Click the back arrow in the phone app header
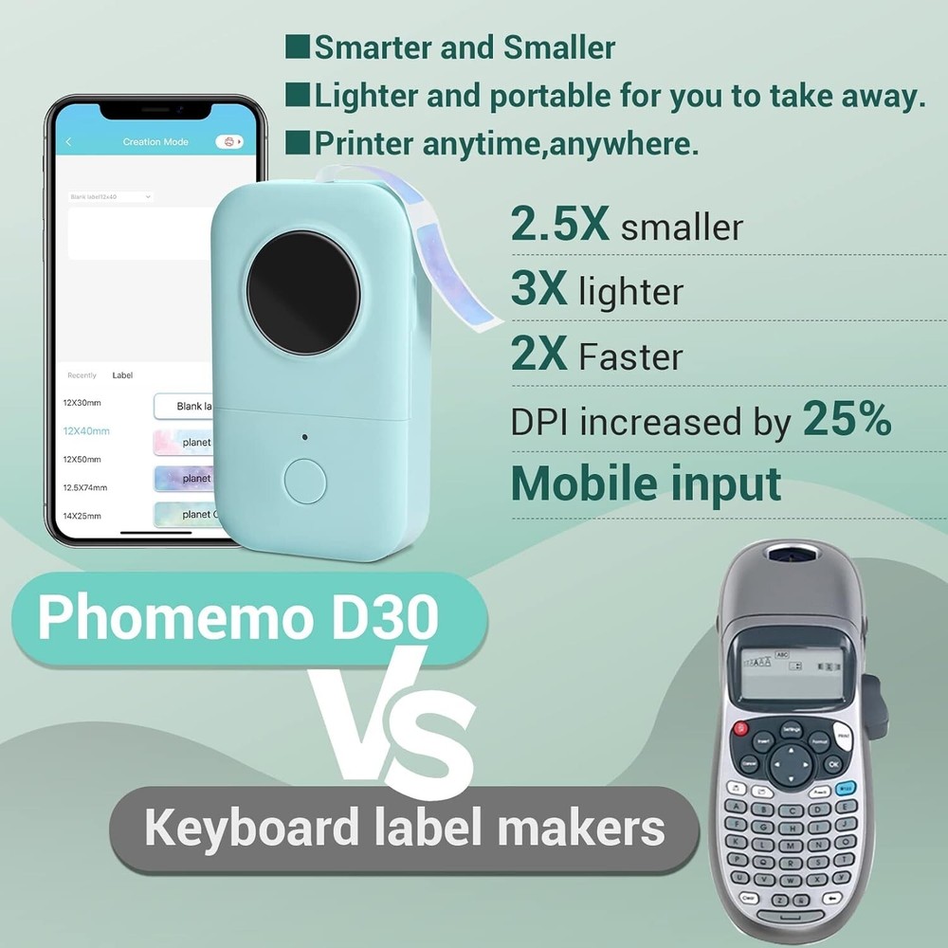68,142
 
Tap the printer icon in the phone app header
228,142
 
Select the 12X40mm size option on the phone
86,431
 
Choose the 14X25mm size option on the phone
82,516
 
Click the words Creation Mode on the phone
155,142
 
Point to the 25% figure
847,418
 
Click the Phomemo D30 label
238,617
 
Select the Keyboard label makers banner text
405,828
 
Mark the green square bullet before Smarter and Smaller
298,46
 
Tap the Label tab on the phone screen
122,375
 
